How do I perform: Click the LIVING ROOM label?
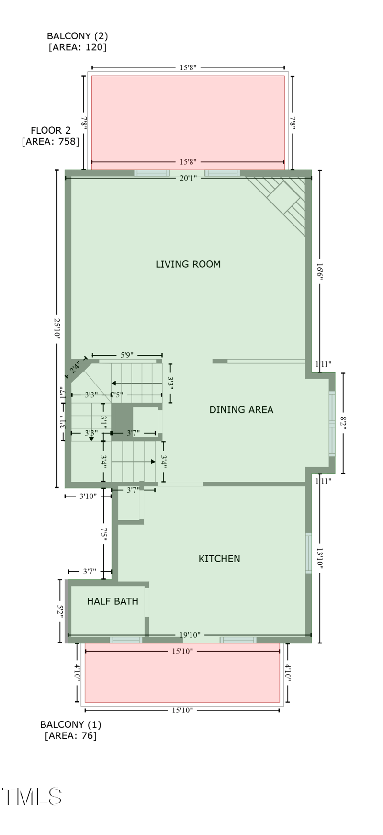pos(188,264)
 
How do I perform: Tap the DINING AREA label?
pos(241,409)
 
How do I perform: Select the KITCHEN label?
pos(219,558)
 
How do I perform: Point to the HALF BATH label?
pos(113,601)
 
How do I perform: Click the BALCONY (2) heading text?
pos(77,36)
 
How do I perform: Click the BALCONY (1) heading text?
pos(70,724)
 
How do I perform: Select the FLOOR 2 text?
pos(50,130)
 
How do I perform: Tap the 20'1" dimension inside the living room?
pos(188,178)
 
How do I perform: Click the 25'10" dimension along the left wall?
pos(57,329)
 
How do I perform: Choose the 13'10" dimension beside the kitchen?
pos(320,559)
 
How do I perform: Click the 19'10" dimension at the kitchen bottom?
pos(190,635)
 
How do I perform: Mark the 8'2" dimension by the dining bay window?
pos(343,423)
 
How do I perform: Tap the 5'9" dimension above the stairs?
pos(126,355)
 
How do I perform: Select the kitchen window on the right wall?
pos(308,553)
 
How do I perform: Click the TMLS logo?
pos(32,796)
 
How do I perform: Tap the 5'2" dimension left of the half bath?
pos(60,611)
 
